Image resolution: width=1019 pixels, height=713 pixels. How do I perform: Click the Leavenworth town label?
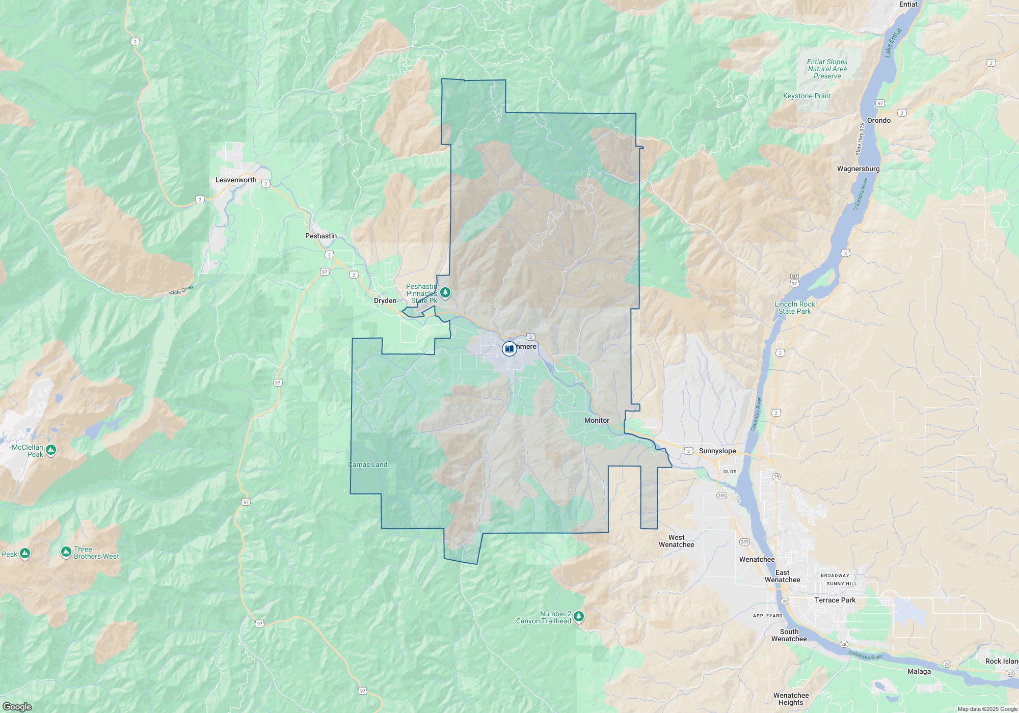236,180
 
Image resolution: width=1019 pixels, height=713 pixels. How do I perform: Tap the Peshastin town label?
321,236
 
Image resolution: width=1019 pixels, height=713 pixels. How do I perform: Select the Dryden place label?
385,300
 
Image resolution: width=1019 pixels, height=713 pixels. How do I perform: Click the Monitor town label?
597,420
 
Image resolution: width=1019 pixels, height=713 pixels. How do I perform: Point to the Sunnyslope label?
717,451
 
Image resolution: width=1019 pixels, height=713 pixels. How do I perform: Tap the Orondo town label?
879,120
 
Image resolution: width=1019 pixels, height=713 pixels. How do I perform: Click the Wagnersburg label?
859,169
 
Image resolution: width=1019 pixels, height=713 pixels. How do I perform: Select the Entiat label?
908,4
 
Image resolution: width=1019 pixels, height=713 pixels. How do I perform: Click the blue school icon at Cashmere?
509,349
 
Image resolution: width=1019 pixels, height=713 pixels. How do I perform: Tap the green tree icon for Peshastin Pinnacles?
446,292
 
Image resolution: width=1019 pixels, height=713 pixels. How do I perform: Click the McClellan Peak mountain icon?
50,450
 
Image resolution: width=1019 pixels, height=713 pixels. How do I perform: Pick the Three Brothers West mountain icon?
66,552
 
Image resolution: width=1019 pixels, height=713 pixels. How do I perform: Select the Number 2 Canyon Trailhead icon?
578,617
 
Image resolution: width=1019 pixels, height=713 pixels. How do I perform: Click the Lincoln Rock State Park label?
795,308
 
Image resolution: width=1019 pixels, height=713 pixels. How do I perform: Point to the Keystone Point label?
807,96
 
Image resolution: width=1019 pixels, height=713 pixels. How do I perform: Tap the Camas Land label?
368,464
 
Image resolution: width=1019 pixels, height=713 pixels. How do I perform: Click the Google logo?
17,706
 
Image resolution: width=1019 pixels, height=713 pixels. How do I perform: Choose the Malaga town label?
919,671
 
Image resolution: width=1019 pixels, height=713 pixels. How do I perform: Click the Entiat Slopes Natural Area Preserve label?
827,69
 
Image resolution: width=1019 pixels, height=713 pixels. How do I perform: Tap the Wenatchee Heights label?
791,699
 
